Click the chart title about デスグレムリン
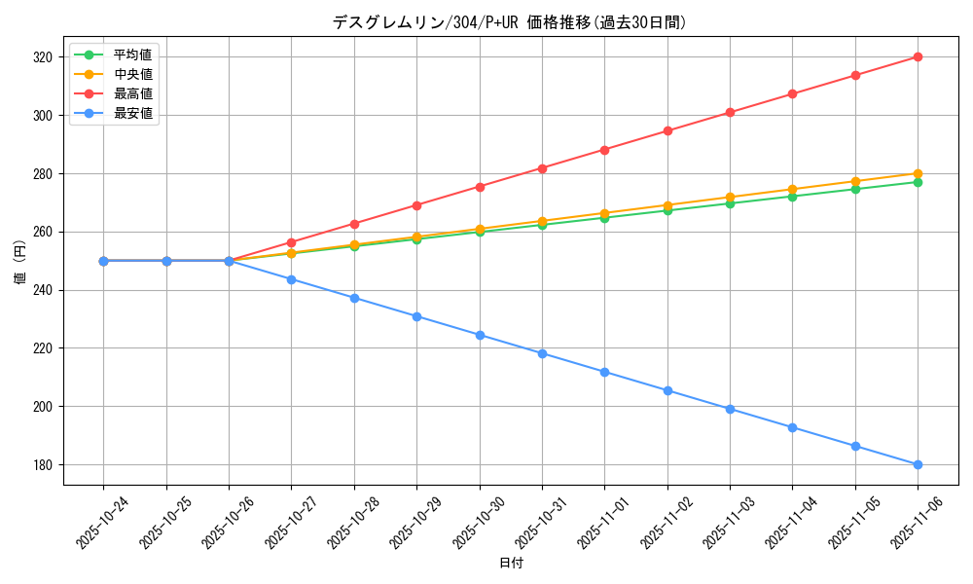510,22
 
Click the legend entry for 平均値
132,55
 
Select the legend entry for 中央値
132,74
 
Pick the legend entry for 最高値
132,93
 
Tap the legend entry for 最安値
132,113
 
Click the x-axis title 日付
511,564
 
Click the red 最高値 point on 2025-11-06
918,57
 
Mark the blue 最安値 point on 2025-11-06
918,464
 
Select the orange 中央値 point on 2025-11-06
918,173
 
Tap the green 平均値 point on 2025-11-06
918,182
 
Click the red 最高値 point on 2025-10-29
416,205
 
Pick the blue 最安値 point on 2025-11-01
604,372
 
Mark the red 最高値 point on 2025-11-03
730,112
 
